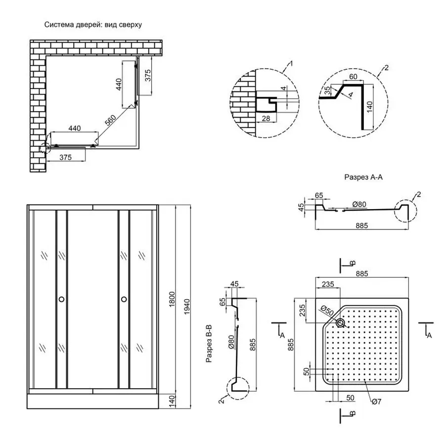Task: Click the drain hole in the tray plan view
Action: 341,323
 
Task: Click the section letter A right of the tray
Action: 429,335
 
